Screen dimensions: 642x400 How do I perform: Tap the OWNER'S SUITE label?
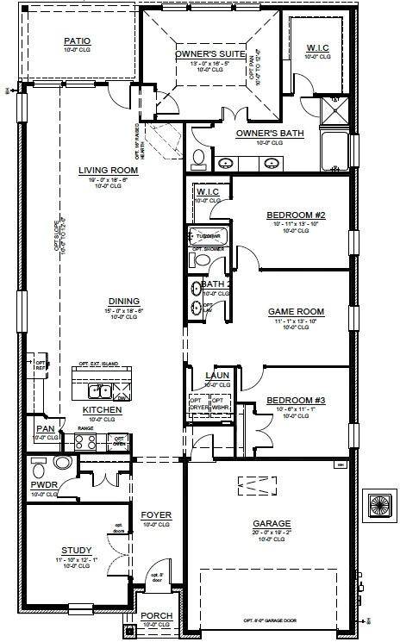[x=210, y=54]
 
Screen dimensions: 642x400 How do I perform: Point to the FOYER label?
[x=157, y=515]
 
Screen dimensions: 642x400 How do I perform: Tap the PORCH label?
[x=157, y=615]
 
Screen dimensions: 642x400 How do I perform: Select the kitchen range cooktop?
[x=86, y=442]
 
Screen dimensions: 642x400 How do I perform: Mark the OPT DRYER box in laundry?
[x=197, y=405]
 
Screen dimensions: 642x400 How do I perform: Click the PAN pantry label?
[x=45, y=429]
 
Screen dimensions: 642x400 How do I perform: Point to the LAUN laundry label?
[x=216, y=376]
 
